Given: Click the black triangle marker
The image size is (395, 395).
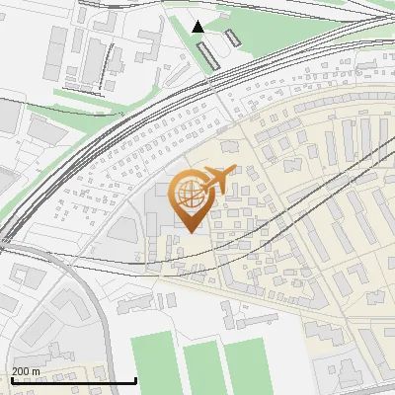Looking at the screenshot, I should coord(198,27).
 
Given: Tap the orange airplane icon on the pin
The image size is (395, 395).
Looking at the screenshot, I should coord(217,180).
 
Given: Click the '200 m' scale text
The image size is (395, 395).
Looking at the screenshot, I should coord(27,371).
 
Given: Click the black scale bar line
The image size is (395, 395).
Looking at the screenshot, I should coord(73,381).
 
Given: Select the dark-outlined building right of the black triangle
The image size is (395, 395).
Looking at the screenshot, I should coord(233,39).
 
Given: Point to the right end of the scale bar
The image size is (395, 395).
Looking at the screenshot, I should coord(135,381).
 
